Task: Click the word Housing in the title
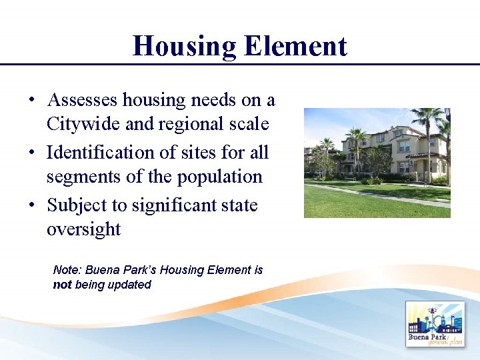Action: [x=184, y=46]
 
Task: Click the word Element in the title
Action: [x=295, y=46]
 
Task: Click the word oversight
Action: [x=83, y=229]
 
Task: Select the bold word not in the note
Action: [x=63, y=285]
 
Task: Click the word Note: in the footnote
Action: [x=67, y=270]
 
